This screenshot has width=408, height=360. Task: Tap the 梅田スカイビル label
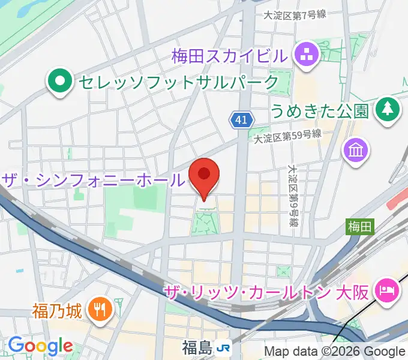coord(229,57)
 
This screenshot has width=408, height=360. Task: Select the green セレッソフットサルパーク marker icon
coord(61,82)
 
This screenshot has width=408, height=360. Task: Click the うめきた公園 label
coord(319,110)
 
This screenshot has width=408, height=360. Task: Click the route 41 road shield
coord(241,120)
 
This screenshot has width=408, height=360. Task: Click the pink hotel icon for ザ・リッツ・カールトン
coord(383,292)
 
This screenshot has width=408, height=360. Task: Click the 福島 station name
coord(197,347)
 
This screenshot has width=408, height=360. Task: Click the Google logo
coord(40,346)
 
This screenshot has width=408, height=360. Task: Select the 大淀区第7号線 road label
coord(295,15)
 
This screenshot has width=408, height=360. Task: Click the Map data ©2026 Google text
coord(334,351)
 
